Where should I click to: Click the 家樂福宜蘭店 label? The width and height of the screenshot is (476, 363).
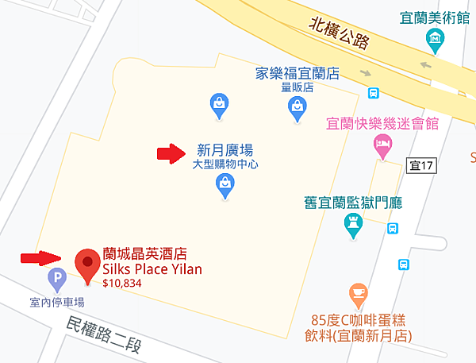tap(297, 73)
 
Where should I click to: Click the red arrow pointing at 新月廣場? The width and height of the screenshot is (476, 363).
tap(170, 153)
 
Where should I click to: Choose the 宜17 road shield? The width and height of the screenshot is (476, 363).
tap(421, 165)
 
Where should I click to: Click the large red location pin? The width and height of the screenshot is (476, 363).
tap(86, 265)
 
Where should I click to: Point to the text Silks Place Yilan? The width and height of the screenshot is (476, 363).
tap(152, 268)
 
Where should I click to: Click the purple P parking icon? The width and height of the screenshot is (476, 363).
tap(56, 278)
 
